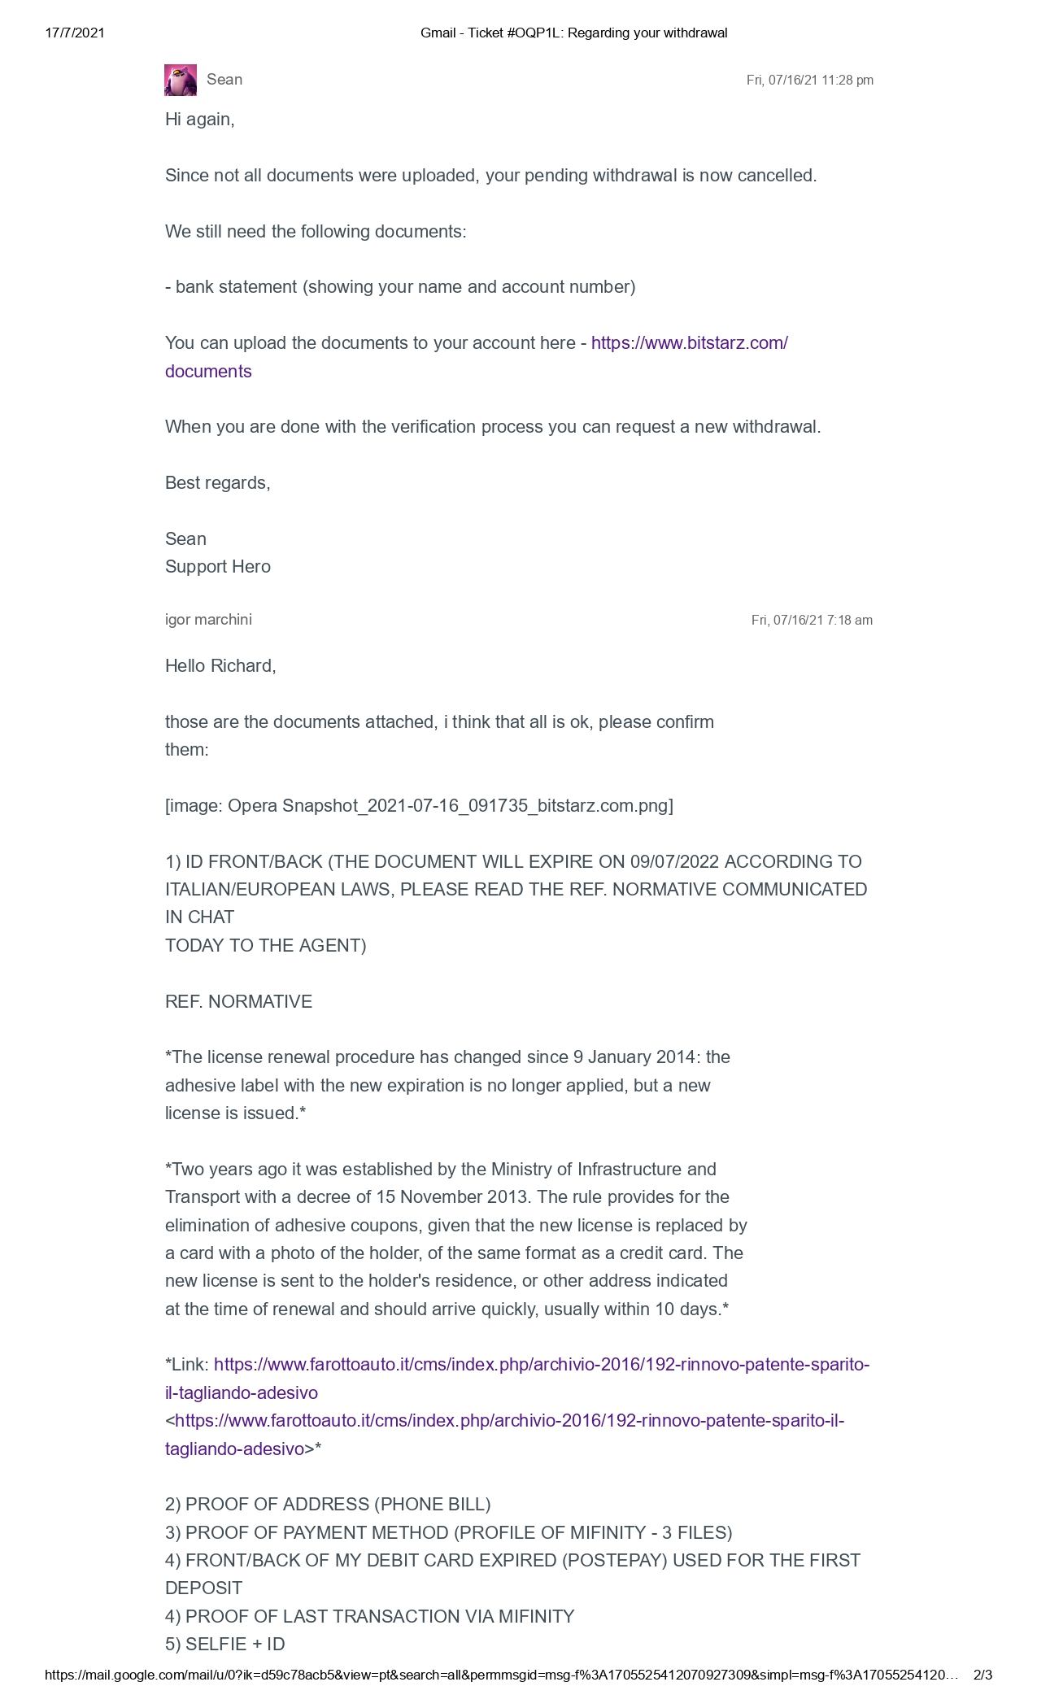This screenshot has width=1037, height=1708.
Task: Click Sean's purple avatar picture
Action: pos(181,80)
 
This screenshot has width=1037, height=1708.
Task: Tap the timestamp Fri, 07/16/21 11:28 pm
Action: pos(809,81)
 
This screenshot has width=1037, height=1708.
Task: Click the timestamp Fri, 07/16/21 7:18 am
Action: pos(812,621)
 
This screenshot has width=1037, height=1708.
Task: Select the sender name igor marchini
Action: pos(208,620)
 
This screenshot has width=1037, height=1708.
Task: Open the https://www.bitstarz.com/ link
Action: pos(689,343)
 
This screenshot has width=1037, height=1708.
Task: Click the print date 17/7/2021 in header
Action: pos(75,33)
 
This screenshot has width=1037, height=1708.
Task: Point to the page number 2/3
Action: pos(983,1675)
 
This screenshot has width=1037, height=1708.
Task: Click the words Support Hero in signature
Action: pos(218,567)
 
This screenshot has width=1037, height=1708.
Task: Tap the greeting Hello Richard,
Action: pos(220,666)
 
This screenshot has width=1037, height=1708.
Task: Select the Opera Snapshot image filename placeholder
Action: pos(419,806)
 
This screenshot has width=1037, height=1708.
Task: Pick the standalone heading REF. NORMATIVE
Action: pos(238,1002)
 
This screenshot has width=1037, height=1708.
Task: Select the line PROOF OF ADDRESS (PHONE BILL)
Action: pos(328,1505)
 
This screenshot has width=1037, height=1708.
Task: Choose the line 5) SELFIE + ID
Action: pos(225,1645)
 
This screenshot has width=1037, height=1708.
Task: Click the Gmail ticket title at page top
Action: pos(573,33)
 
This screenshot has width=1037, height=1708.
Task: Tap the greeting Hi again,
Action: pos(199,120)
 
